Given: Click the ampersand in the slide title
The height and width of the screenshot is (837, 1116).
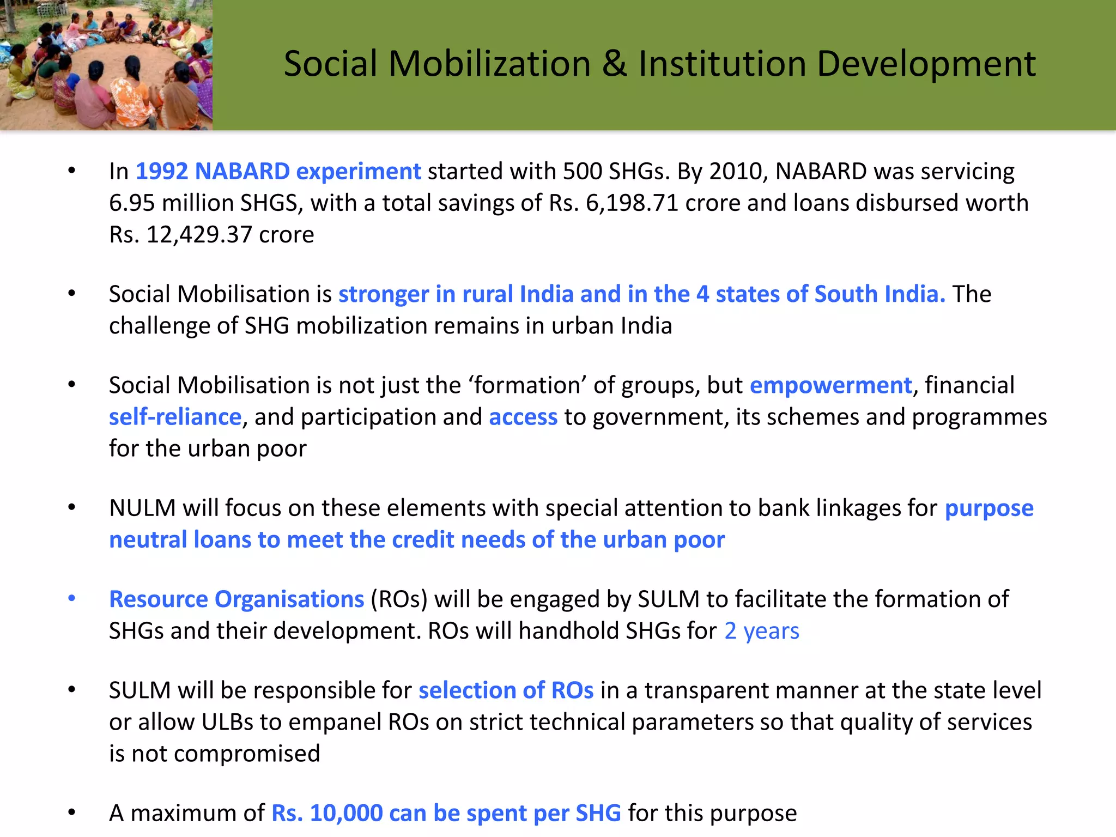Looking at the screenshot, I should [615, 64].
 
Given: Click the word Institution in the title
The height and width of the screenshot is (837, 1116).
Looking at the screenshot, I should [723, 64].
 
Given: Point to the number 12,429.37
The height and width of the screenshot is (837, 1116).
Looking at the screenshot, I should [199, 234].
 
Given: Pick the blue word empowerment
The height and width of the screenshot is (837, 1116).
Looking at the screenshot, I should [830, 385].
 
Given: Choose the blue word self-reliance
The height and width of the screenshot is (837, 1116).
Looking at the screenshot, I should [175, 417].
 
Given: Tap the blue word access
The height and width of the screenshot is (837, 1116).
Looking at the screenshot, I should [523, 417].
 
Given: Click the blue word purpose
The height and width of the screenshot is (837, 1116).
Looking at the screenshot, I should [989, 508].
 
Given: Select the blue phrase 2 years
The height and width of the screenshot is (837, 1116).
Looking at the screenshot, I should [762, 630].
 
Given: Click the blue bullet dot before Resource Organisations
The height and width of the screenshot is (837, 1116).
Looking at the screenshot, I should [72, 598].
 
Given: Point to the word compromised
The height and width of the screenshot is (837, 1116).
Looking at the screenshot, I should [247, 754].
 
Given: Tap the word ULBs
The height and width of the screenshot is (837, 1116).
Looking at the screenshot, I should [227, 722].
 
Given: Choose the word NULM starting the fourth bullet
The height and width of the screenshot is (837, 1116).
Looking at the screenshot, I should [142, 508].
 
